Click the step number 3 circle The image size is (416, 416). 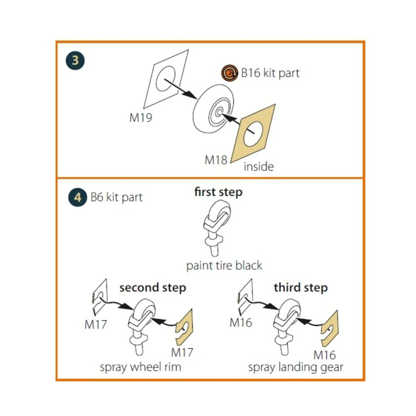coord(75,60)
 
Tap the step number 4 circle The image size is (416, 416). coord(77,197)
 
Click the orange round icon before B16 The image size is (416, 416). coord(229,73)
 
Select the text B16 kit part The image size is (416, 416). coord(270,73)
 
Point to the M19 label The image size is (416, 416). coord(140,118)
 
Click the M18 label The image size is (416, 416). coord(216,160)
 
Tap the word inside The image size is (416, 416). coord(259,166)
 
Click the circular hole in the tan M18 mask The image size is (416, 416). coord(253,134)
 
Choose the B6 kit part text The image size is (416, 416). coord(116,197)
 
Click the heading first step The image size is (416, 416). coord(218,192)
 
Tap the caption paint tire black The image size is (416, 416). coord(224,266)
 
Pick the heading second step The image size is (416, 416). coord(153,288)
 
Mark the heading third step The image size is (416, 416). coord(301,288)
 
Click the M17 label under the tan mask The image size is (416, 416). coord(182,353)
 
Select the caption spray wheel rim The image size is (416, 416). coord(140,367)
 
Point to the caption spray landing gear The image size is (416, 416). coord(295,367)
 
